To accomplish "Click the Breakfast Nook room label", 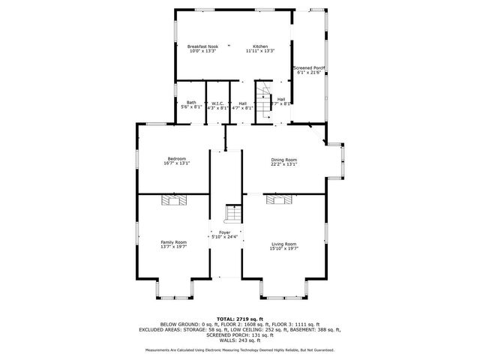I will [x=202, y=46].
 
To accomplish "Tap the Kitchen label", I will [x=260, y=46].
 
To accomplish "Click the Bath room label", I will [x=191, y=103].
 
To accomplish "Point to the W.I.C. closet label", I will [x=217, y=103].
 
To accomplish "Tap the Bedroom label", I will [x=177, y=158].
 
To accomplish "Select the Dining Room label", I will [x=284, y=160].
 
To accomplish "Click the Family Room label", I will [x=174, y=242].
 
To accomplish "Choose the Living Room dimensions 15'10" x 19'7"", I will [x=284, y=247].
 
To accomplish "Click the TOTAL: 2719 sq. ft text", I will [x=239, y=319].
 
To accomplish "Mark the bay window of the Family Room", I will [x=174, y=289].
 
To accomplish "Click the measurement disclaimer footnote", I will [x=239, y=350].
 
